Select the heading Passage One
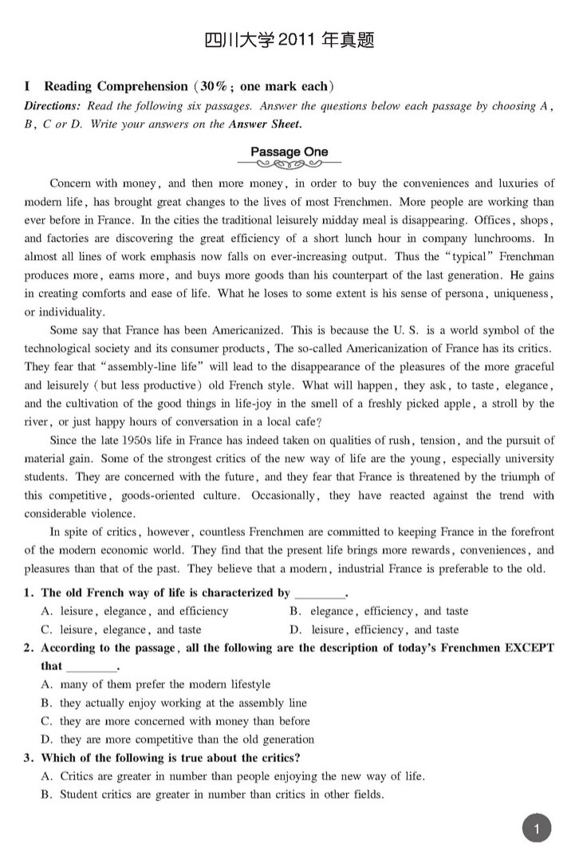(289, 152)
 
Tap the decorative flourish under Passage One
(289, 166)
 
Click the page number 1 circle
(538, 829)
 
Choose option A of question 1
(134, 611)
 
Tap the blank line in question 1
(320, 594)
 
